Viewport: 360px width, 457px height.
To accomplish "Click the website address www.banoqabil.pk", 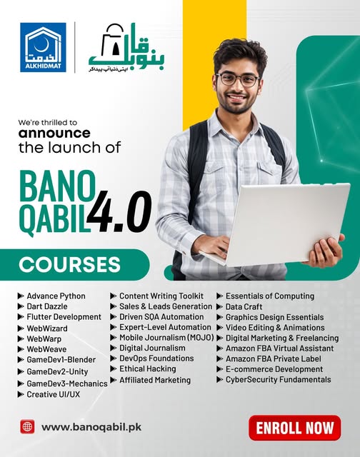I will click(92, 428).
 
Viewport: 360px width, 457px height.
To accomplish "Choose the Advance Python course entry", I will click(56, 296).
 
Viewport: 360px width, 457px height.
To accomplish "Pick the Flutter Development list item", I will click(64, 317).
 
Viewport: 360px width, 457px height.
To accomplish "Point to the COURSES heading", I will click(69, 264).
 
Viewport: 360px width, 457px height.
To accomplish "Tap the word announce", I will click(54, 133).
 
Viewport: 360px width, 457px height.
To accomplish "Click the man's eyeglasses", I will click(238, 79).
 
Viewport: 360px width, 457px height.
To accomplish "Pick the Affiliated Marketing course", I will click(154, 380).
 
